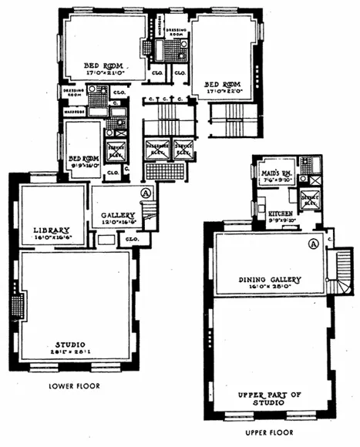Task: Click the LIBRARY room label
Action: [x=52, y=230]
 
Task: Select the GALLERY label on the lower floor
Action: [x=118, y=215]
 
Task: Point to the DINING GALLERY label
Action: [x=270, y=279]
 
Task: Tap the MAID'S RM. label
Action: [x=274, y=174]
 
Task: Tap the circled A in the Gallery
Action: [x=146, y=193]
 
